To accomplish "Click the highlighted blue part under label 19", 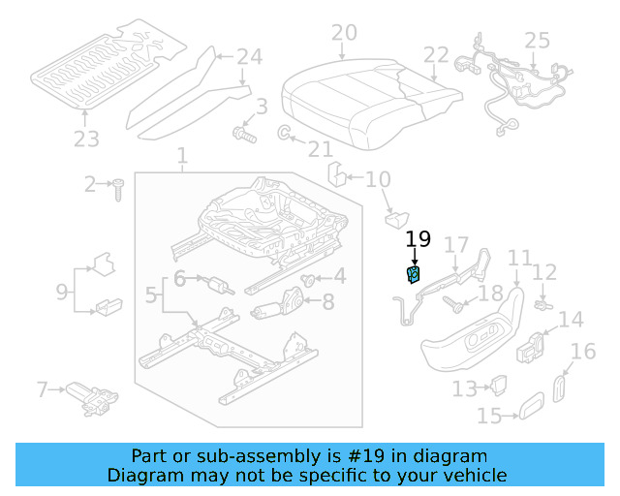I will [x=414, y=275].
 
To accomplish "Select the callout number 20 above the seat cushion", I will [x=344, y=34].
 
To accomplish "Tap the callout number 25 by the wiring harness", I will [x=537, y=41].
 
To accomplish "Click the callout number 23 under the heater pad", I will [x=86, y=139].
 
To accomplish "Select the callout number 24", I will [x=249, y=56].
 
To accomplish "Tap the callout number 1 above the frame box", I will [x=182, y=156].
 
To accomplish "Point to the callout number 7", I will [x=42, y=390].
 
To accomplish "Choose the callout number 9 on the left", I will [x=61, y=290].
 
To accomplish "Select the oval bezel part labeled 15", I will [x=529, y=408].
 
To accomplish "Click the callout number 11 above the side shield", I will [x=520, y=258].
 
